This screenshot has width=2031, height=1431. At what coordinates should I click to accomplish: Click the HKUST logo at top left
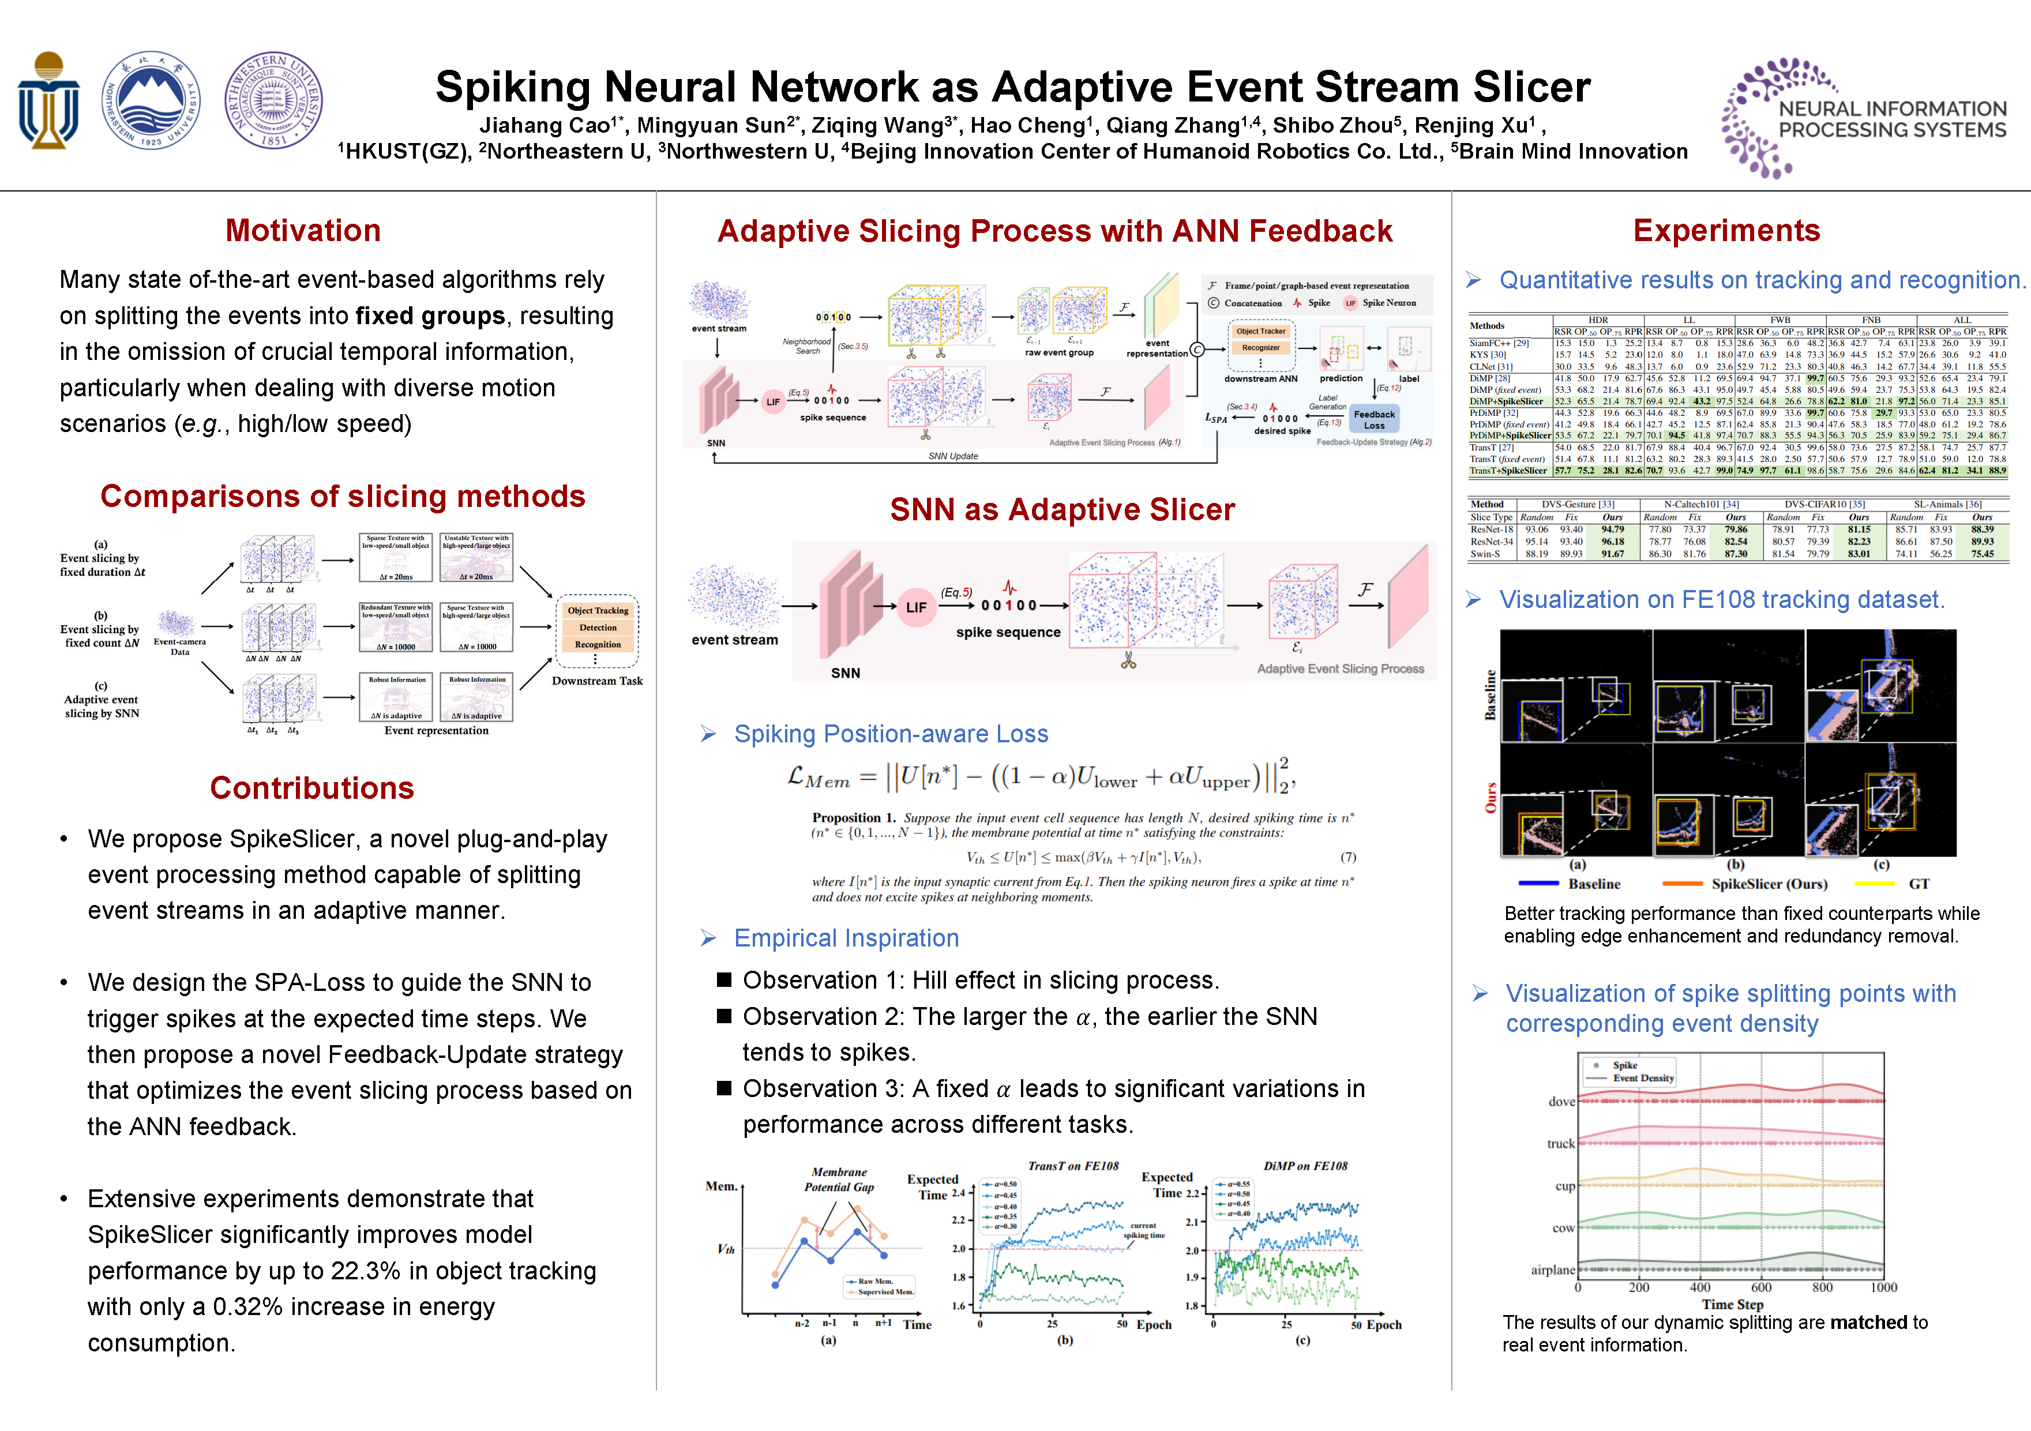pyautogui.click(x=48, y=100)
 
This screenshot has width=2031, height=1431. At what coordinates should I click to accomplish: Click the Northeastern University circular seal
pyautogui.click(x=151, y=100)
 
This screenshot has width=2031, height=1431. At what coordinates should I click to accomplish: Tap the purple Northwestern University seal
pyautogui.click(x=273, y=100)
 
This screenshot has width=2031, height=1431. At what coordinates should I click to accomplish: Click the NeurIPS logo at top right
pyautogui.click(x=1864, y=118)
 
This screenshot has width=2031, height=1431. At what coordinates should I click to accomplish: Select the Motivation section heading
pyautogui.click(x=302, y=231)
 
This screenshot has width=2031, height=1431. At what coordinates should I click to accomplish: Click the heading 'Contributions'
pyautogui.click(x=311, y=788)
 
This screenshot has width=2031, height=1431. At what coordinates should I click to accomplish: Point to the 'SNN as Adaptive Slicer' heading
pyautogui.click(x=1061, y=510)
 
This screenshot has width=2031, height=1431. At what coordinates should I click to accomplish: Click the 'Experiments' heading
pyautogui.click(x=1726, y=231)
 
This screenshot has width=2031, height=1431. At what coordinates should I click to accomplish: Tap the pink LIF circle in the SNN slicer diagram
pyautogui.click(x=915, y=607)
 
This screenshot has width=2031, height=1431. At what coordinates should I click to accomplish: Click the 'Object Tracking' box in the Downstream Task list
pyautogui.click(x=598, y=610)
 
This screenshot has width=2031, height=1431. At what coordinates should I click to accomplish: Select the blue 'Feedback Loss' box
pyautogui.click(x=1374, y=420)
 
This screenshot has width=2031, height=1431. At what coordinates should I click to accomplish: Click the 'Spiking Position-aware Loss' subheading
pyautogui.click(x=891, y=734)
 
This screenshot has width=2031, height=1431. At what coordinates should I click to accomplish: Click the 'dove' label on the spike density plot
pyautogui.click(x=1561, y=1102)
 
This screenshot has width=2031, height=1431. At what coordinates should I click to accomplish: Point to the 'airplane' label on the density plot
pyautogui.click(x=1552, y=1270)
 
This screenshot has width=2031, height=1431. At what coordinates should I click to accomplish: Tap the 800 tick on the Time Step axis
pyautogui.click(x=1822, y=1288)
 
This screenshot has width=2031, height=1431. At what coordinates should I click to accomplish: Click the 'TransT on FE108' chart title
pyautogui.click(x=1073, y=1167)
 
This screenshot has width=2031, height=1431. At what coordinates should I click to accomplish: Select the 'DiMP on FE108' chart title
pyautogui.click(x=1305, y=1167)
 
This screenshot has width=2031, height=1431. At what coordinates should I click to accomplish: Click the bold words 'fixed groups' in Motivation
pyautogui.click(x=430, y=316)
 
